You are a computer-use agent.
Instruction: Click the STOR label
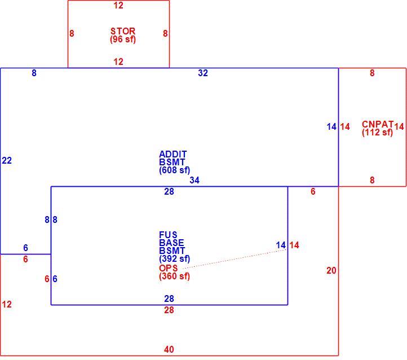point(123,31)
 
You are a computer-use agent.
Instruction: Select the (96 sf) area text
point(123,39)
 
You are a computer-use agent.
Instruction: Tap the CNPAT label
point(378,124)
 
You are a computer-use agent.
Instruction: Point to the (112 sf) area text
point(378,133)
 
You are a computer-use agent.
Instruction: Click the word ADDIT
point(173,154)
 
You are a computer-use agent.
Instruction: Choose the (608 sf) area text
point(174,170)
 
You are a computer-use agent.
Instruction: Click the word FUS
point(168,235)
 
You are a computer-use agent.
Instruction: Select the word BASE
point(171,243)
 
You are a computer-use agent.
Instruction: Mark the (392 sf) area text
point(174,259)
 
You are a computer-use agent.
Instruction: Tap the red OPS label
point(169,268)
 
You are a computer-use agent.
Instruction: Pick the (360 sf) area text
point(174,276)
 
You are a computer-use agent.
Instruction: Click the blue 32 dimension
point(203,73)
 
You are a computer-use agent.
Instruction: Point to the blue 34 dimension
point(194,180)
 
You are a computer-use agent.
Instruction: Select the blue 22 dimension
point(7,160)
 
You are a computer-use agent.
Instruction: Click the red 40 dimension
point(169,349)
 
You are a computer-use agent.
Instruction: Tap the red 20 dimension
point(331,271)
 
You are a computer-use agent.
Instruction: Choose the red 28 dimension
point(169,310)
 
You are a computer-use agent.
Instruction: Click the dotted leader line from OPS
point(235,259)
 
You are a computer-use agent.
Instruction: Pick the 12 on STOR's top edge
point(118,6)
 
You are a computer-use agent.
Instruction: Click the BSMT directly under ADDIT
point(172,162)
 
